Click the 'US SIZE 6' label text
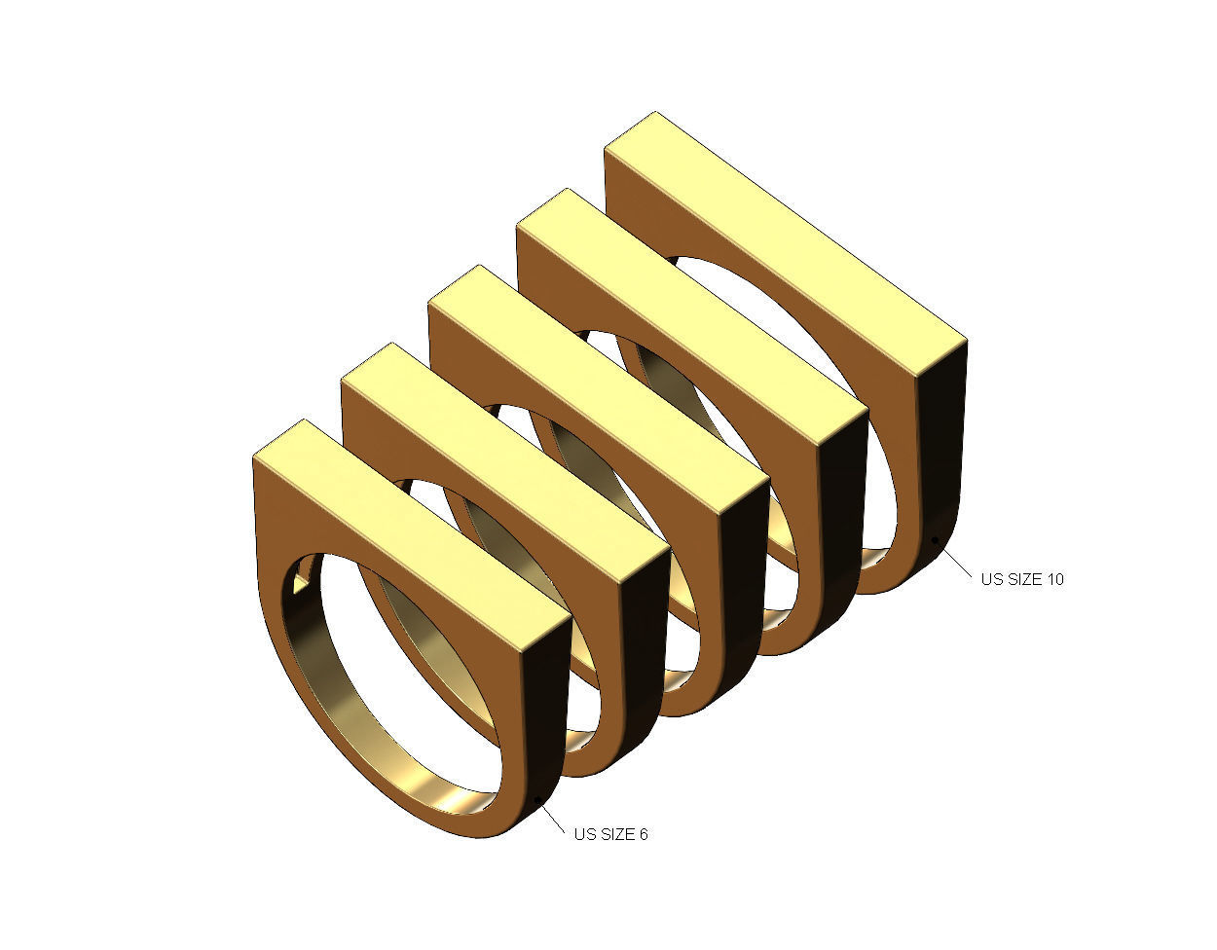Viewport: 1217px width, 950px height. pyautogui.click(x=610, y=834)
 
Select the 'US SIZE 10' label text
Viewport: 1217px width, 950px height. pyautogui.click(x=1022, y=579)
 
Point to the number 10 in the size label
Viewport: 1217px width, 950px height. pyautogui.click(x=1054, y=579)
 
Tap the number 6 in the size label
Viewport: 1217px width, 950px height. pyautogui.click(x=643, y=834)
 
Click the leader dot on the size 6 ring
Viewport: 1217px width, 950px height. pyautogui.click(x=539, y=800)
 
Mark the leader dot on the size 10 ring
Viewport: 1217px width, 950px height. pyautogui.click(x=936, y=538)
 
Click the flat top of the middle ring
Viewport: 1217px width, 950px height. pyautogui.click(x=594, y=389)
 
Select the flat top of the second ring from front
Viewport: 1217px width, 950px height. pyautogui.click(x=501, y=457)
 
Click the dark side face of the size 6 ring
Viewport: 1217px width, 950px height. pyautogui.click(x=546, y=720)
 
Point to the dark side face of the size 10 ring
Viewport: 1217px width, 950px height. pyautogui.click(x=942, y=448)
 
